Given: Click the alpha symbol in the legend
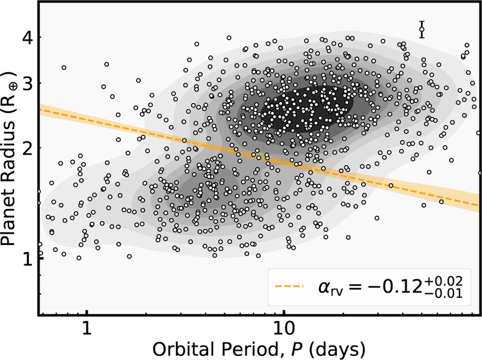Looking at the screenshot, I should tap(321, 287).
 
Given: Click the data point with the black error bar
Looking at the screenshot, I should tap(421, 29).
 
